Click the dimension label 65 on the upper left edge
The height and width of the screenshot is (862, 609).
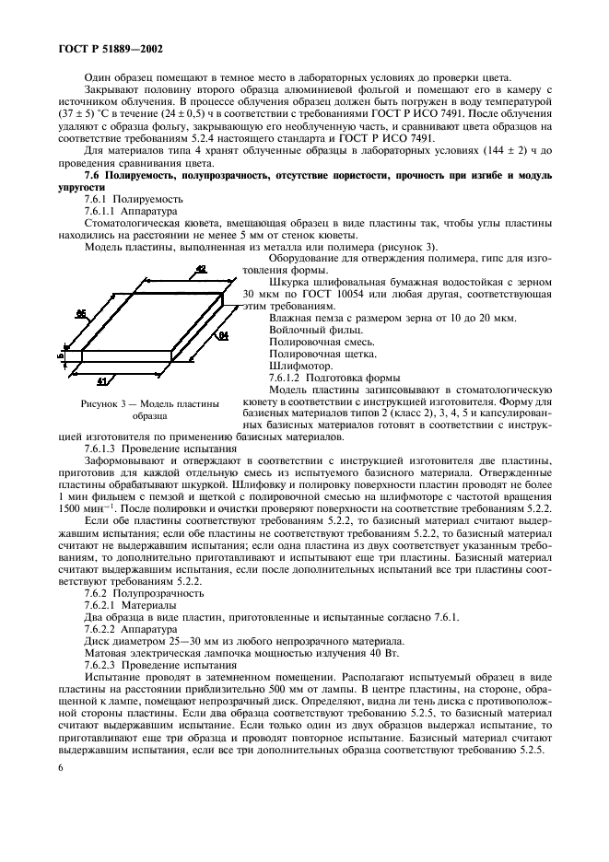tap(81, 314)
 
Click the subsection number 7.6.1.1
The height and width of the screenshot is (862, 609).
tap(106, 210)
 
